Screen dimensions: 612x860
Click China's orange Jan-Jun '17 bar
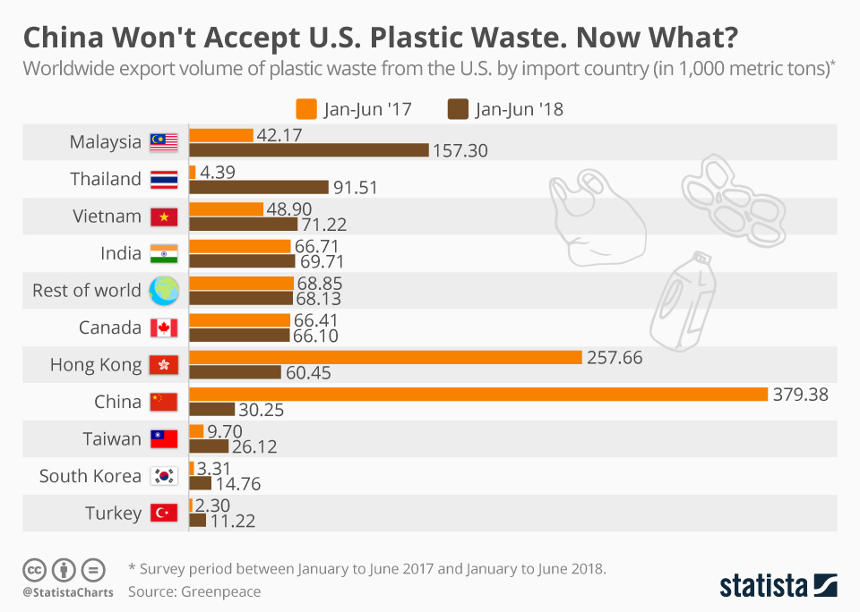[478, 395]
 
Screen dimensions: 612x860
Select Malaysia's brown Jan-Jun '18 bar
[309, 149]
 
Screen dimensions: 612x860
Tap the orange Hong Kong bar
[385, 357]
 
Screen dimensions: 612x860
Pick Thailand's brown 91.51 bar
[259, 187]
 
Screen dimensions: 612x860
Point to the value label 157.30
[460, 150]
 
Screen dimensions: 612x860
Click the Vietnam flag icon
[164, 217]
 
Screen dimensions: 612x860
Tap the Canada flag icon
[164, 327]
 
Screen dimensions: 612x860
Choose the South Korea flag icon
[164, 476]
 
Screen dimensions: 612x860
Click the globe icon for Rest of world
[164, 290]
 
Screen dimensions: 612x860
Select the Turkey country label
[113, 514]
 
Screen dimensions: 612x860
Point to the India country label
[120, 253]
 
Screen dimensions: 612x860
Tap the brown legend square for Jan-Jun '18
[458, 109]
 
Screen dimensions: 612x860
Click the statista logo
[778, 586]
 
